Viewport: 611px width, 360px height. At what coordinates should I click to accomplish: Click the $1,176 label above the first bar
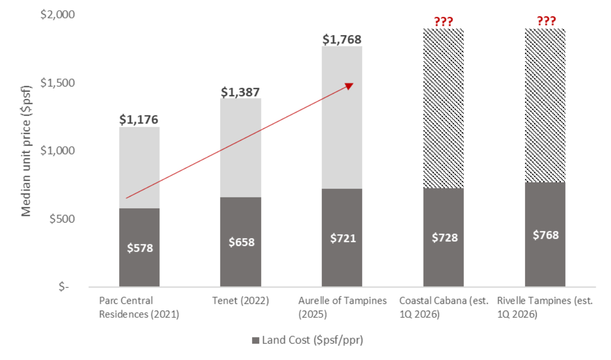tap(139, 120)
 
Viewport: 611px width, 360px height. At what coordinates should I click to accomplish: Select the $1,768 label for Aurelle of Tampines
tap(342, 39)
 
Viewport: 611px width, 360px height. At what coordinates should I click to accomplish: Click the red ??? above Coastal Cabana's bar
tap(443, 21)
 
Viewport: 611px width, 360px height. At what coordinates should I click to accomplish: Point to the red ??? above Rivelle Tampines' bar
tap(545, 21)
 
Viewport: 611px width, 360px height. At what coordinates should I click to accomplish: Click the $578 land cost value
tap(139, 248)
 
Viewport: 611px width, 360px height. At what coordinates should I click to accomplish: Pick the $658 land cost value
tap(241, 242)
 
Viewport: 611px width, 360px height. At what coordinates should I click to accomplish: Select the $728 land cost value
tap(443, 238)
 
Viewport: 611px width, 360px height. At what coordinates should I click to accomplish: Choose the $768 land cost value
tap(545, 235)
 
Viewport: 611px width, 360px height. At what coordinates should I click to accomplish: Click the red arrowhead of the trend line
tap(349, 86)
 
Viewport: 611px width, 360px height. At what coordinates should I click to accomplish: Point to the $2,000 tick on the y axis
tap(57, 15)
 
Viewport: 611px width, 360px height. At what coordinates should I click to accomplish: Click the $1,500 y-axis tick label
tap(57, 83)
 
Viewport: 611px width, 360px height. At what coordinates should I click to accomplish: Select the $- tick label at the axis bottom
tap(64, 287)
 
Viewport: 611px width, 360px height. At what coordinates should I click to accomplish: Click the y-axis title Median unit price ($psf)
tap(26, 151)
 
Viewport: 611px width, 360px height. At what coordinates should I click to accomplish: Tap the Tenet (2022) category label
tap(241, 300)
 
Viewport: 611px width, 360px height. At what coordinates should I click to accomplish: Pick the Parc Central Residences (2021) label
tap(139, 307)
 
